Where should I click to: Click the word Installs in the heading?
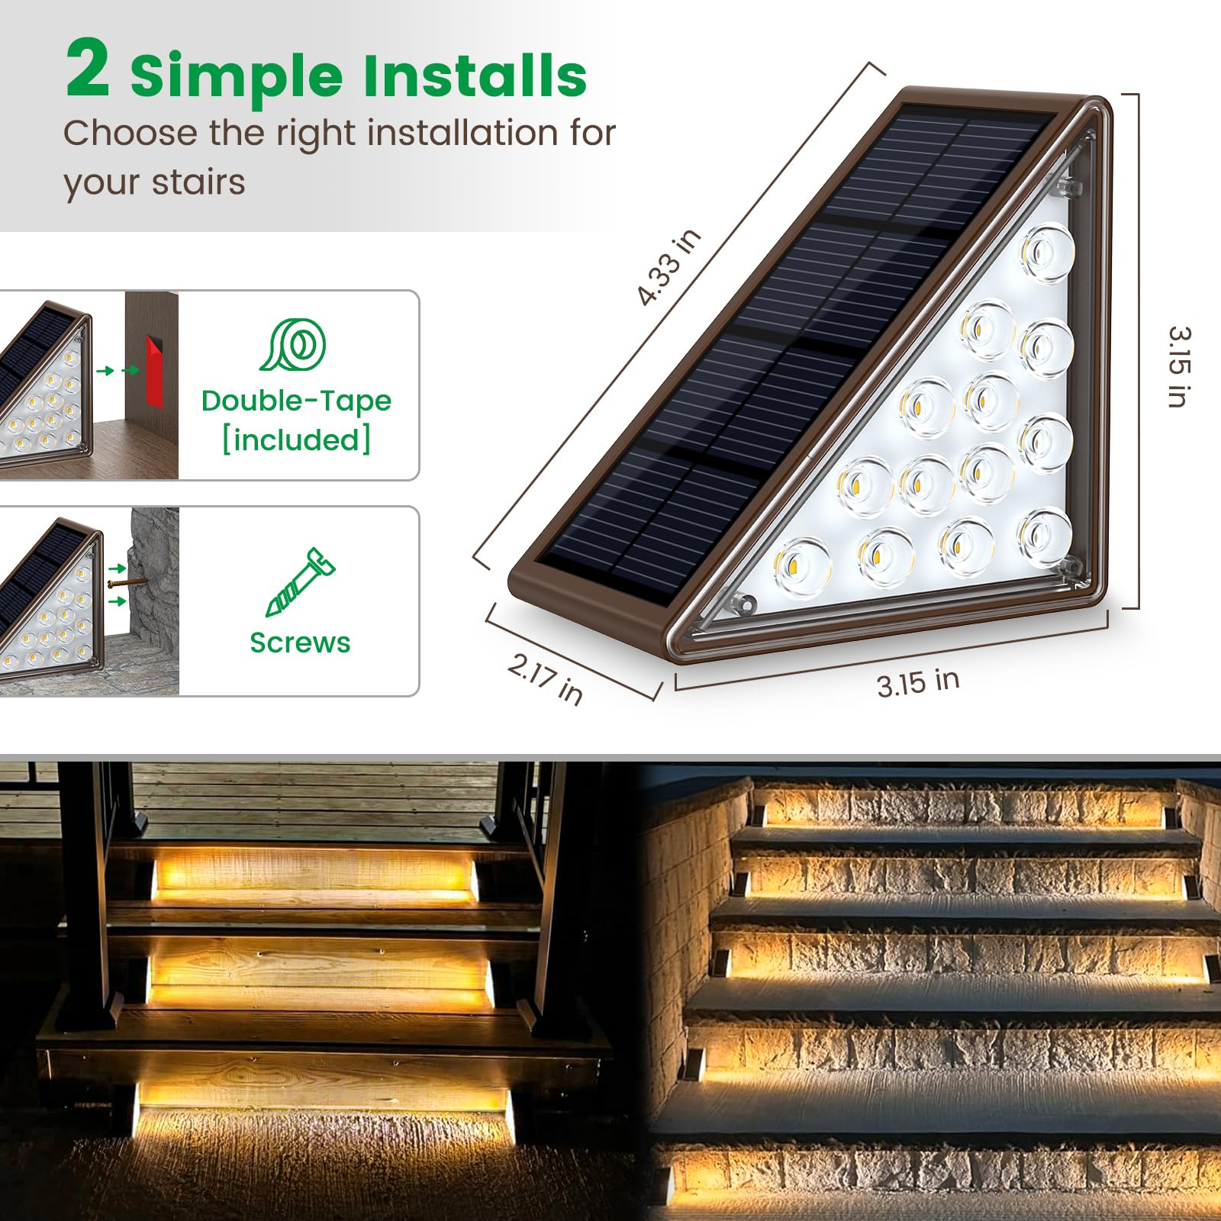[474, 76]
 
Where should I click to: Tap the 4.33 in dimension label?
[668, 267]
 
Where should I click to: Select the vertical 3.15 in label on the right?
[1179, 366]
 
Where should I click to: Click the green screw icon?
[300, 582]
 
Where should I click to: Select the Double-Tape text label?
[296, 401]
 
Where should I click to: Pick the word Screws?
[300, 643]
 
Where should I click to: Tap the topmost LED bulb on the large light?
[1047, 251]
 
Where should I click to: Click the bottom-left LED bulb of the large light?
[801, 566]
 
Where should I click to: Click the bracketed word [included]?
[296, 440]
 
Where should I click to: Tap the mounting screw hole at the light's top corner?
[1073, 185]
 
